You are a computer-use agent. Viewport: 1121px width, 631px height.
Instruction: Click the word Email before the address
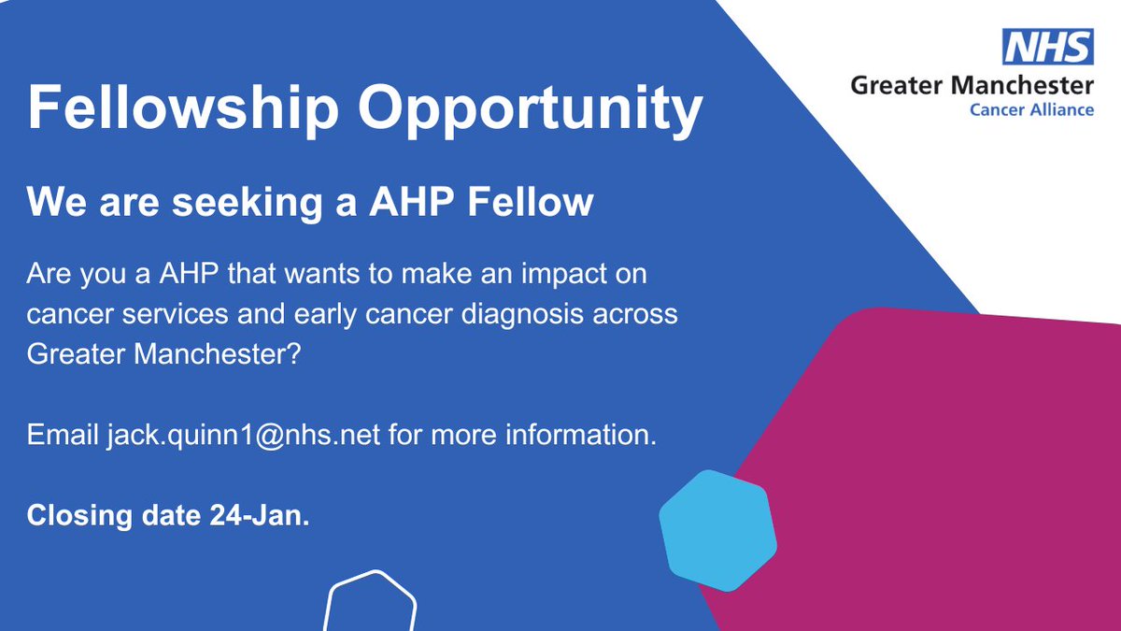click(x=62, y=435)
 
